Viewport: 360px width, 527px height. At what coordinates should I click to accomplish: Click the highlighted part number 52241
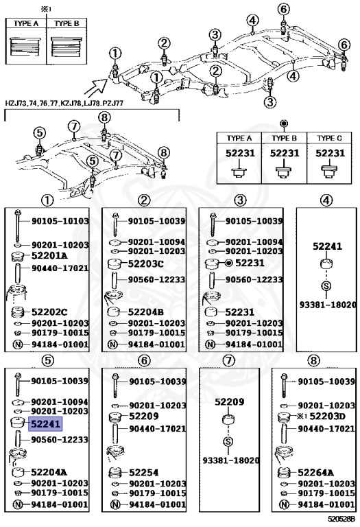coord(45,424)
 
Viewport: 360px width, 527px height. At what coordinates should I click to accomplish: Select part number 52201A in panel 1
coord(49,255)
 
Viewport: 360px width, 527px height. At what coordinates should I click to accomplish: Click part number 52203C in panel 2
coord(146,264)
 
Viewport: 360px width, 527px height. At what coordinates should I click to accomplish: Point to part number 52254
coord(143,472)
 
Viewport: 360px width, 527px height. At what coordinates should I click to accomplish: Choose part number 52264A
coord(315,473)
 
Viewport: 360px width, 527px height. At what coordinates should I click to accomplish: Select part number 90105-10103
coord(60,222)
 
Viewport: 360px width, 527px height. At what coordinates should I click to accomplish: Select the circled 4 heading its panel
coord(326,200)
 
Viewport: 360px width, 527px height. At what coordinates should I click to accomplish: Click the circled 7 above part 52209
coord(229,362)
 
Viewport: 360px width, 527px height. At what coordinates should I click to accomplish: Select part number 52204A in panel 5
coord(49,472)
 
